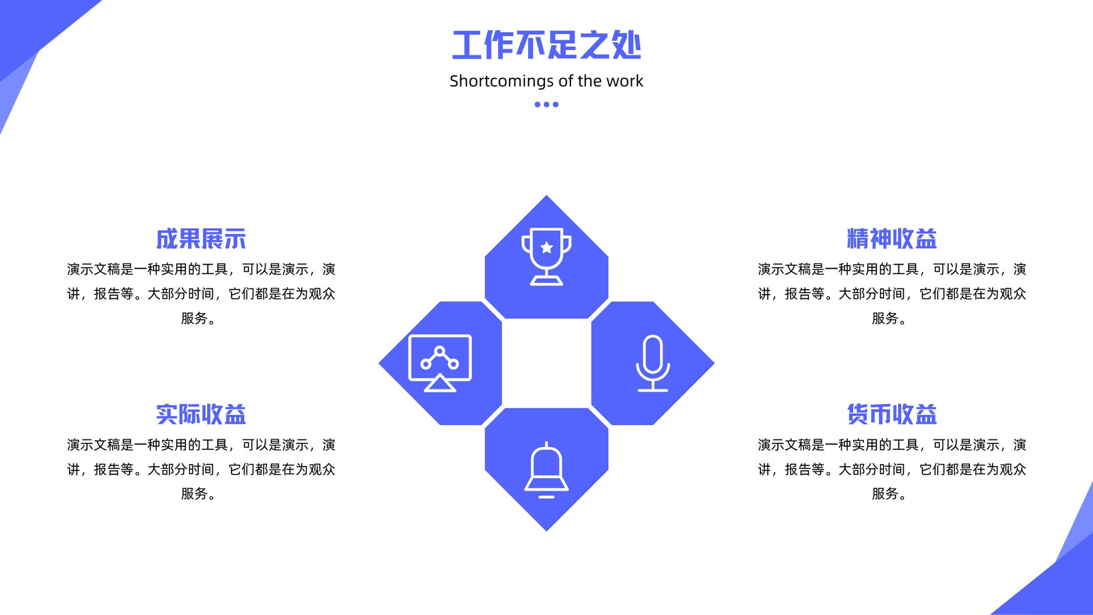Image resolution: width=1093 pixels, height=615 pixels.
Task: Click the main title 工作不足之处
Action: pyautogui.click(x=546, y=45)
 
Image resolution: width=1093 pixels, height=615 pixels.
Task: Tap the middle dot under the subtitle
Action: pyautogui.click(x=546, y=105)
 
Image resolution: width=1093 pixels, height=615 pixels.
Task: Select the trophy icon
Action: pyautogui.click(x=546, y=257)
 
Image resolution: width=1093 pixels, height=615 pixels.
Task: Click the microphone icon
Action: pyautogui.click(x=653, y=363)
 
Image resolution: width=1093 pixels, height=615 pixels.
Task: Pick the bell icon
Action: pyautogui.click(x=546, y=469)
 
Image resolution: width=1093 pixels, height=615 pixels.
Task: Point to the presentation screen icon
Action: pyautogui.click(x=440, y=363)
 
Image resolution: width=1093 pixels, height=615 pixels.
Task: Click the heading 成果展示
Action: pyautogui.click(x=201, y=238)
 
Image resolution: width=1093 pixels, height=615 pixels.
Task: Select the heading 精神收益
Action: pyautogui.click(x=892, y=238)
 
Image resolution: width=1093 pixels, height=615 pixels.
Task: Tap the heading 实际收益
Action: pyautogui.click(x=201, y=414)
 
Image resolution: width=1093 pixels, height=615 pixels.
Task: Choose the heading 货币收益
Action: pyautogui.click(x=892, y=414)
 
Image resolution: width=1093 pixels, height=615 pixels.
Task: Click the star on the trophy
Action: pyautogui.click(x=546, y=247)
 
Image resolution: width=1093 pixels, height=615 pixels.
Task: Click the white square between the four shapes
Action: pyautogui.click(x=546, y=363)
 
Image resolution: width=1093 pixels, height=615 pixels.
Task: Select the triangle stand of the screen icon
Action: pyautogui.click(x=440, y=383)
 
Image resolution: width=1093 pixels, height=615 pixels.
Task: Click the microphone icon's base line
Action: pyautogui.click(x=653, y=390)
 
